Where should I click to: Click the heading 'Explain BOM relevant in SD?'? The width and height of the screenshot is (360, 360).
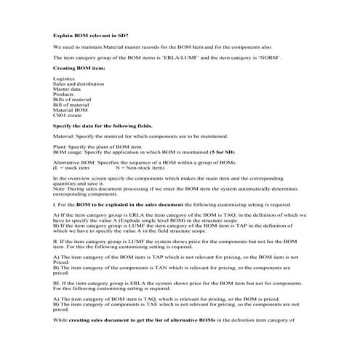click(x=86, y=35)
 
